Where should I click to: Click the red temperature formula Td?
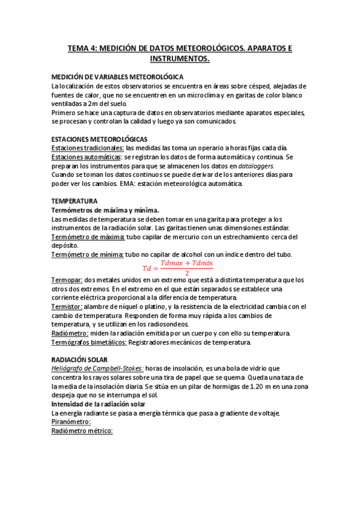pos(177,268)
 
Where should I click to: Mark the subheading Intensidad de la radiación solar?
pos(104,404)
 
